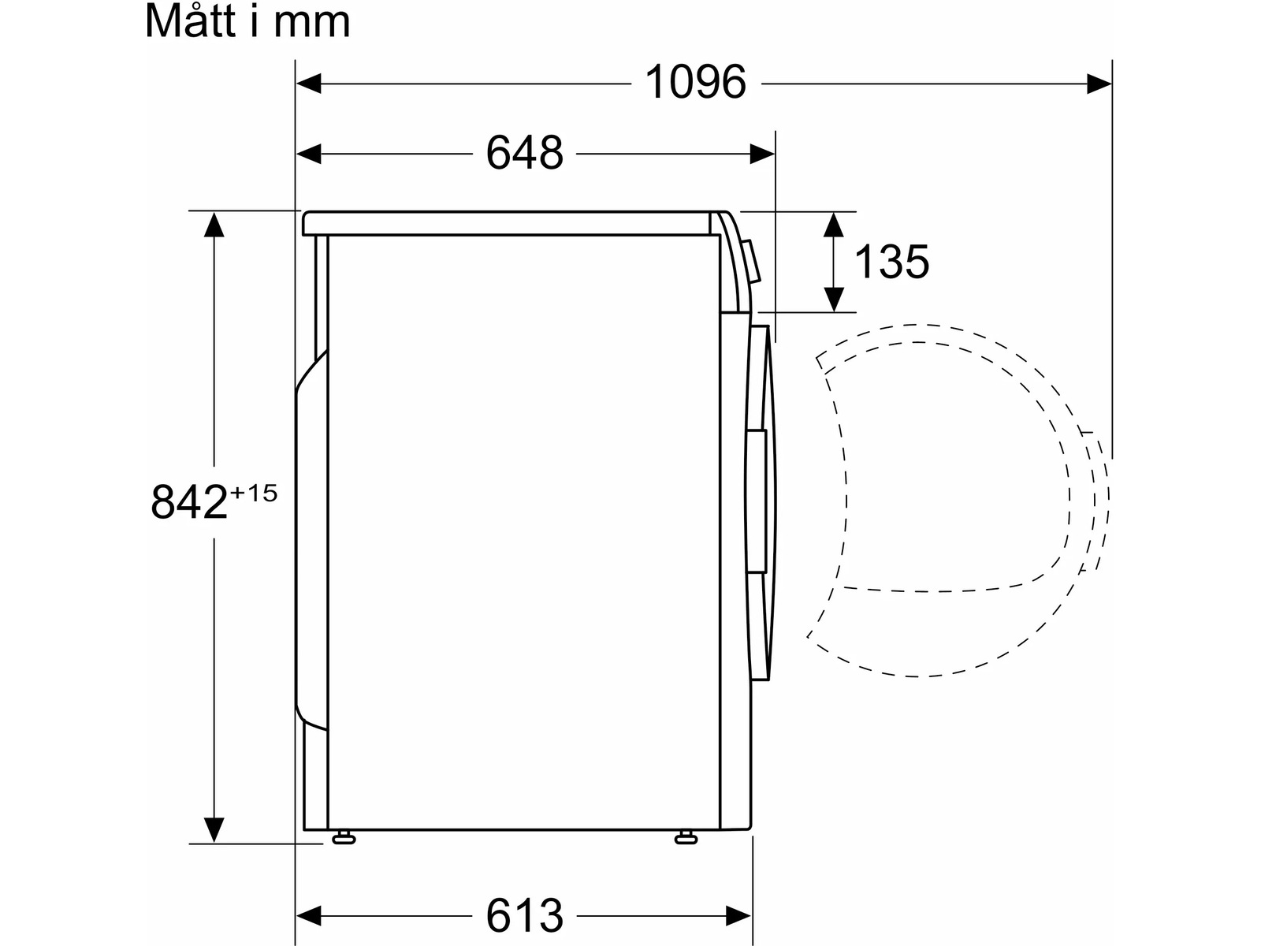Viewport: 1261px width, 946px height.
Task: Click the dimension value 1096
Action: pos(695,83)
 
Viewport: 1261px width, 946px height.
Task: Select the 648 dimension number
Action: pos(525,154)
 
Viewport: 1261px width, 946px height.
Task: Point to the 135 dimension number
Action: pos(891,262)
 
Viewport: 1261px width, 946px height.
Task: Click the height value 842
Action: pos(189,502)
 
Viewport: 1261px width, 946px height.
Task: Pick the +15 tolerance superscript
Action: pos(254,493)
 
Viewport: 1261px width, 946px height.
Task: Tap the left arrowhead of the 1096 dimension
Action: pos(308,84)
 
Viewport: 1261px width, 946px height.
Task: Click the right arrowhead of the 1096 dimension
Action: pos(1099,84)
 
